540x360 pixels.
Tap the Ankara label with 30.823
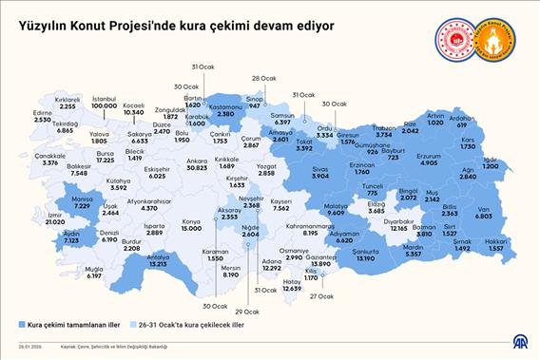pyautogui.click(x=198, y=164)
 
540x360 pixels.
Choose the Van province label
pyautogui.click(x=483, y=214)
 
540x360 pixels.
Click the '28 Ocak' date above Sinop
pyautogui.click(x=263, y=79)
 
